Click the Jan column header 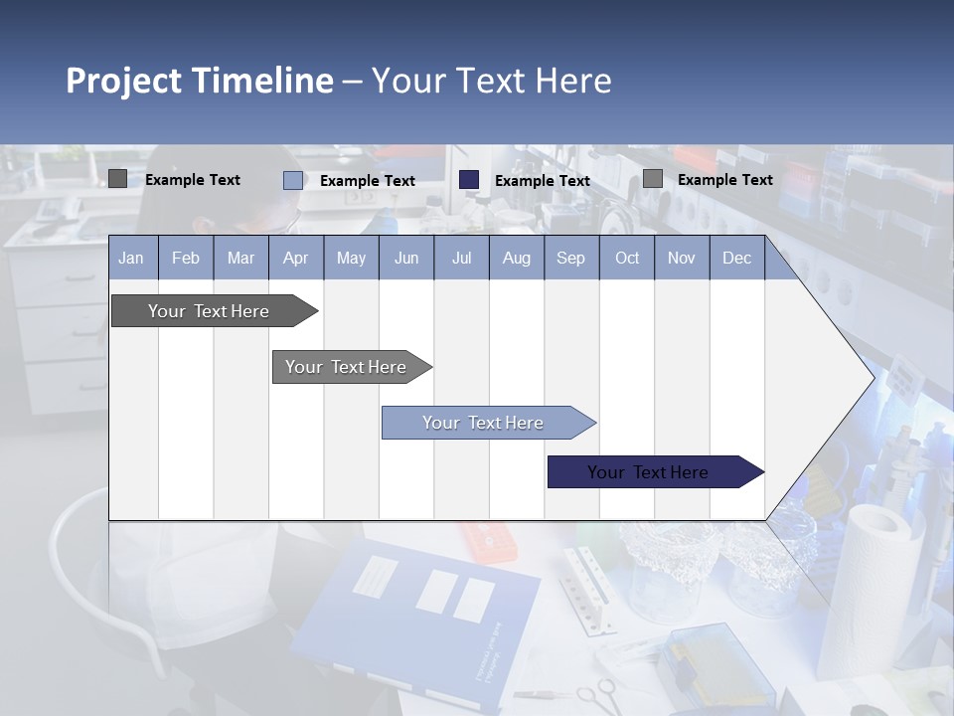[x=131, y=258]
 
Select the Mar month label [x=240, y=258]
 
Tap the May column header [x=351, y=258]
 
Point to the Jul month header [x=461, y=258]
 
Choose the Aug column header [x=516, y=258]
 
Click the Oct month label [x=627, y=258]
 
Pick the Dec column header [x=736, y=258]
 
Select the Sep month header [x=570, y=258]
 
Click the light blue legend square [x=293, y=180]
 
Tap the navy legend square [x=469, y=180]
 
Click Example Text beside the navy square [x=542, y=181]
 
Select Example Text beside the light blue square [x=367, y=181]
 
